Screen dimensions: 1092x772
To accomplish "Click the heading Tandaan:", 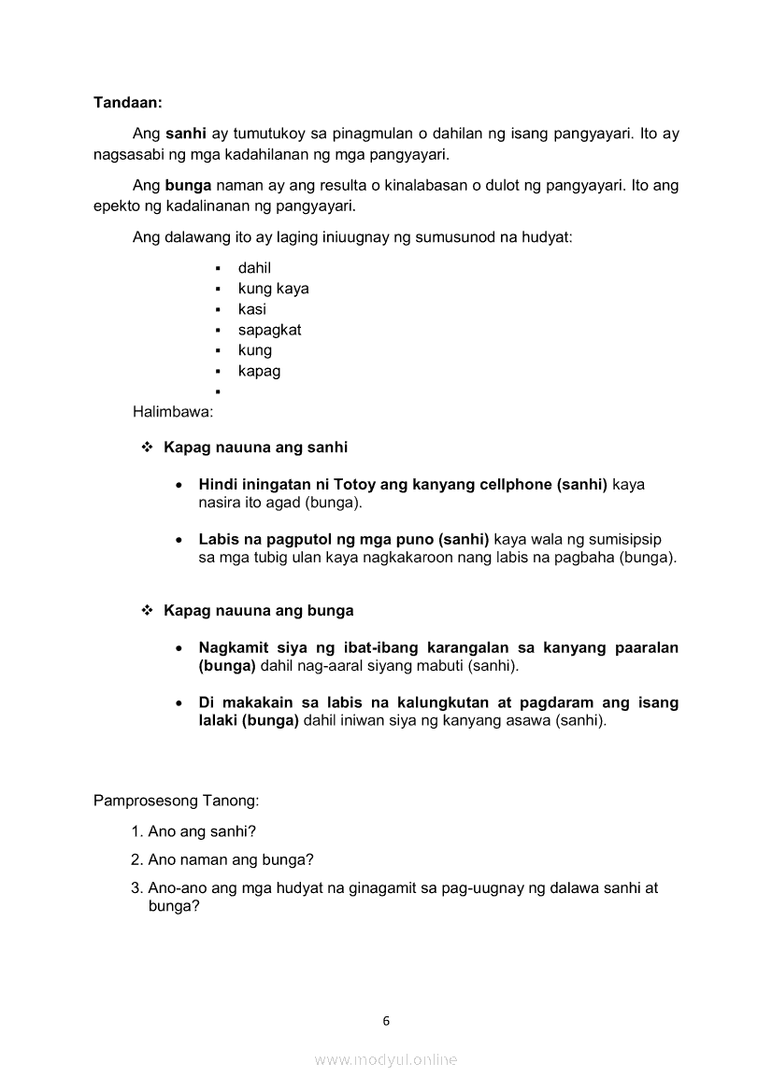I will [x=128, y=100].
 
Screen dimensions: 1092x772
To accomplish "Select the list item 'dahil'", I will [x=254, y=268].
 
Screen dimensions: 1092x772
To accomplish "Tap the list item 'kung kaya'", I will [x=273, y=289].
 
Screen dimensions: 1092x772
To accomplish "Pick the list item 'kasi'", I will [x=251, y=309].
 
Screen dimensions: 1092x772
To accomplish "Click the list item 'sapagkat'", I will [x=269, y=330].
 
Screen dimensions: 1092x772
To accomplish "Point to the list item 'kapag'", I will [x=259, y=371].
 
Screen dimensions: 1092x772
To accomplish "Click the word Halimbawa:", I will [x=173, y=411].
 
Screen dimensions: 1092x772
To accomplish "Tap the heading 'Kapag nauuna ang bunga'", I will [x=258, y=611].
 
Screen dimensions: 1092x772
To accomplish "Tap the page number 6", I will [x=386, y=1021].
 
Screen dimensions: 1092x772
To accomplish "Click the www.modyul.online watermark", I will [x=386, y=1059].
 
